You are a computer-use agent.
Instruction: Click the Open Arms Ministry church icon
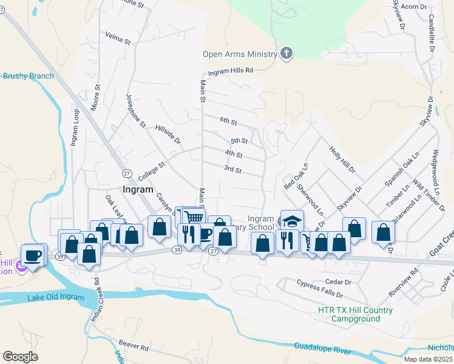click(x=286, y=54)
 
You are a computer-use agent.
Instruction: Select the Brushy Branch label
click(x=29, y=76)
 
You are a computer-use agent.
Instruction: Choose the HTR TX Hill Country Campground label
click(x=355, y=314)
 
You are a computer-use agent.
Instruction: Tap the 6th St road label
click(x=228, y=121)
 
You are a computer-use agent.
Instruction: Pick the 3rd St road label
click(x=232, y=169)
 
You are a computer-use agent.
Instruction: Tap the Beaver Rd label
click(x=134, y=345)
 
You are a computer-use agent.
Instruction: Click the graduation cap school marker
click(x=292, y=220)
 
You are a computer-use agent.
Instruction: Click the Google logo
click(x=20, y=357)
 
